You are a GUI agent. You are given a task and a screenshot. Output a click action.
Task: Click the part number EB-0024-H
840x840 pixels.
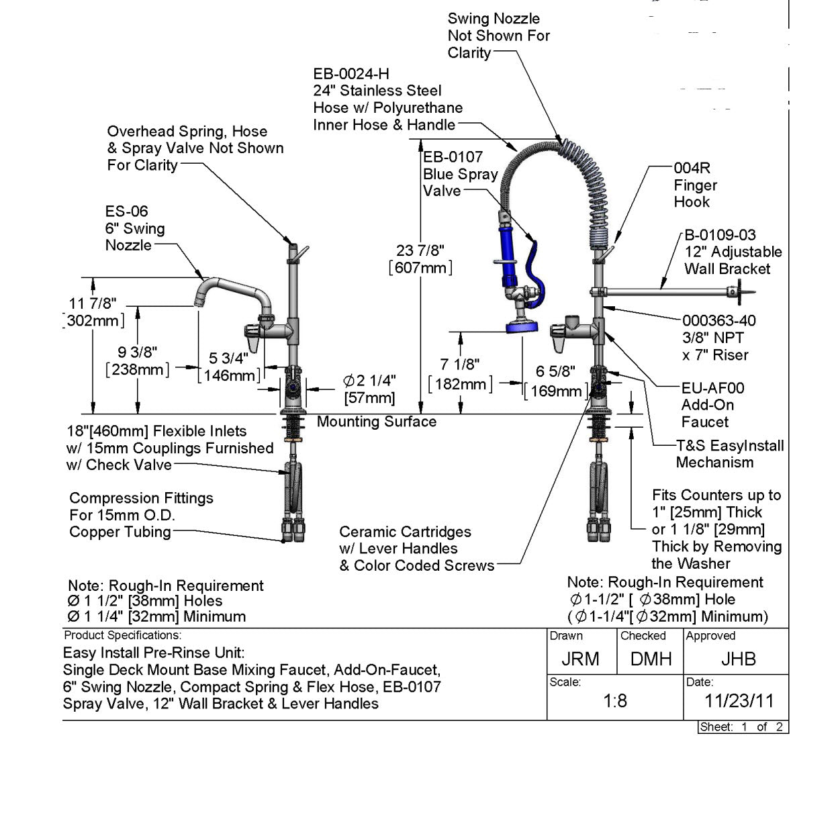(x=351, y=74)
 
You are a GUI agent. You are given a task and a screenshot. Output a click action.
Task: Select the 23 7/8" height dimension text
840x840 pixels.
(x=420, y=251)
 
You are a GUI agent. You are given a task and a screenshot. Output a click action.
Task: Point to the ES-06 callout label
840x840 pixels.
(x=126, y=212)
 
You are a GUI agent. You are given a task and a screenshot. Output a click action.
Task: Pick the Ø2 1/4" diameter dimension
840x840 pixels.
(x=370, y=381)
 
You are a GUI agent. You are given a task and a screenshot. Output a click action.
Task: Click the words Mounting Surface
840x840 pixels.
(x=377, y=422)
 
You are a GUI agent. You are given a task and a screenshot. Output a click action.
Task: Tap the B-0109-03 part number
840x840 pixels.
(x=720, y=235)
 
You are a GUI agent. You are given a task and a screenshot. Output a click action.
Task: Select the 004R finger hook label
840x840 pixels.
(x=692, y=168)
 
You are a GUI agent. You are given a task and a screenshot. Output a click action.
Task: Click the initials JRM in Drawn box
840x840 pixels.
(x=580, y=659)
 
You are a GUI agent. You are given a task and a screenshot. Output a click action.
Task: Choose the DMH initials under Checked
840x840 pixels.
(x=651, y=659)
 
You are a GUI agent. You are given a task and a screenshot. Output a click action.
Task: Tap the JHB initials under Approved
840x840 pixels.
(x=738, y=659)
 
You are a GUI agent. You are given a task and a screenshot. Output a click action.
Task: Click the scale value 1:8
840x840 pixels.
(x=615, y=702)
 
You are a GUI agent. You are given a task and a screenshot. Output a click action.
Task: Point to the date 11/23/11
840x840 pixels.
(x=739, y=702)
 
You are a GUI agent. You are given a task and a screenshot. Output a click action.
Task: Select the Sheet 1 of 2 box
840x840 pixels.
(x=742, y=727)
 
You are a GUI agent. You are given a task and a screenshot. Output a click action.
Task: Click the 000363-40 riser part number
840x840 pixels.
(x=719, y=321)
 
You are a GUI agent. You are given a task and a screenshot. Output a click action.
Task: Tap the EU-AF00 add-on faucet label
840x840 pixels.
(x=712, y=388)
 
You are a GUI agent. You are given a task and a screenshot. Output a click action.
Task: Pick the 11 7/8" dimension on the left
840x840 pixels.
(x=93, y=304)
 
